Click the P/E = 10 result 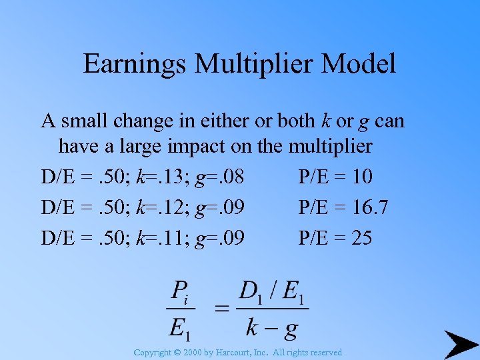click(335, 177)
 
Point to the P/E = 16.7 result click(343, 207)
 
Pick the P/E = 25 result click(335, 237)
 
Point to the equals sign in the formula click(222, 308)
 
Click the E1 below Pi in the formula click(181, 327)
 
